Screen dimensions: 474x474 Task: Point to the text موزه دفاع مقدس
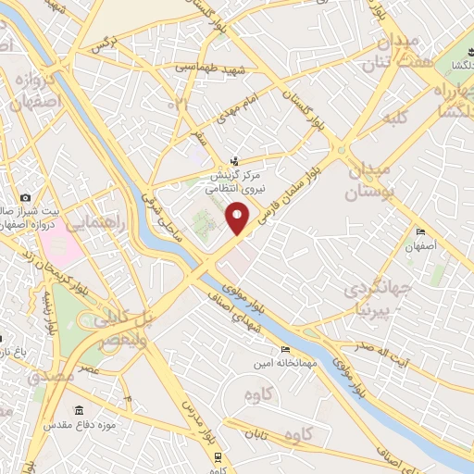tap(108, 425)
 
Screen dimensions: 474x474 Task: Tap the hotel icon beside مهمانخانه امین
tap(285, 349)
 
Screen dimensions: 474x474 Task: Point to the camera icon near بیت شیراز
tap(25, 198)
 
